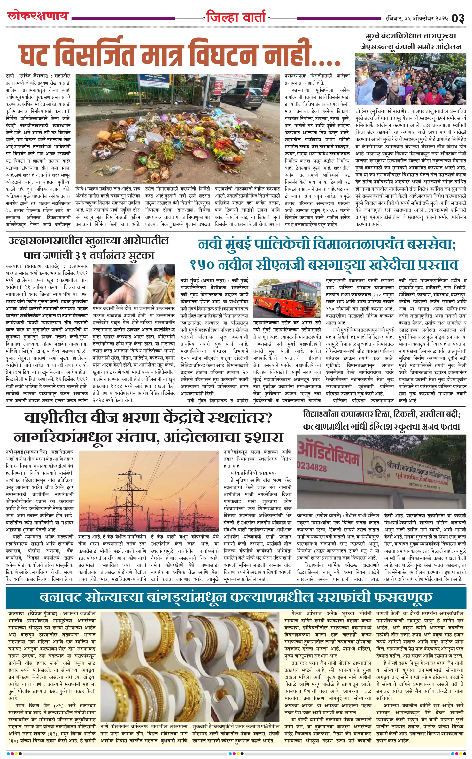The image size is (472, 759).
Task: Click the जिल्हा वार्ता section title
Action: click(x=236, y=17)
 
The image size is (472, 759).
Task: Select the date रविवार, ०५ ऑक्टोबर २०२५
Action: click(x=417, y=18)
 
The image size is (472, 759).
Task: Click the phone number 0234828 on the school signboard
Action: click(x=312, y=468)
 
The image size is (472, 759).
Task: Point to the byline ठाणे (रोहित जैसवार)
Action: click(x=27, y=76)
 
